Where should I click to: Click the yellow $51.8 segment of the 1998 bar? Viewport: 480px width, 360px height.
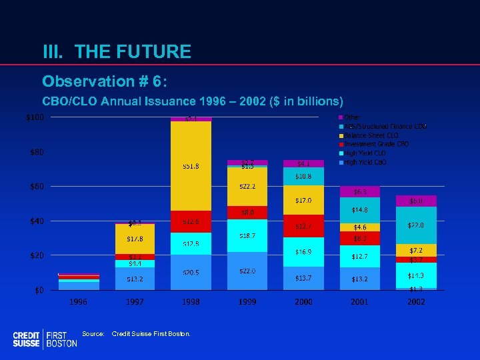tap(191, 166)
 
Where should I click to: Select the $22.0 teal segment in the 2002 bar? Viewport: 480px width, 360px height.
tap(416, 225)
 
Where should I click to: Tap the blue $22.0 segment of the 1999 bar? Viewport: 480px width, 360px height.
tap(247, 271)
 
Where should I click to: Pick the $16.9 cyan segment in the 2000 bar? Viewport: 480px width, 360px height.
tap(303, 252)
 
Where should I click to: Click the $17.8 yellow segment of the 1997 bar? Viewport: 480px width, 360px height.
tap(135, 239)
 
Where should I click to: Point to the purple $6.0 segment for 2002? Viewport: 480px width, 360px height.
tap(416, 201)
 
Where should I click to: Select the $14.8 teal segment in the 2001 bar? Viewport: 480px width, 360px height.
tap(360, 210)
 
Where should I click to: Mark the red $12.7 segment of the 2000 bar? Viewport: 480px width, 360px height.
tap(303, 226)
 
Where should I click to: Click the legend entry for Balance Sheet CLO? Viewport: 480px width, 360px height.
tap(370, 135)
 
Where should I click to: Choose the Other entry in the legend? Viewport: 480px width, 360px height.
tap(351, 117)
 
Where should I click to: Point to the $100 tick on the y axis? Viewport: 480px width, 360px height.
tap(35, 118)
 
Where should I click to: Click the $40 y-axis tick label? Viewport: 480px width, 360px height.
tap(36, 221)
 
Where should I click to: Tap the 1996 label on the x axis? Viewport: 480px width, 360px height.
tap(78, 302)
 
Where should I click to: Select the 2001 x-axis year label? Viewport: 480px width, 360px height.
tap(360, 302)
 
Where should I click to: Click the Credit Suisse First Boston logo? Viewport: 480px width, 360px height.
tap(45, 339)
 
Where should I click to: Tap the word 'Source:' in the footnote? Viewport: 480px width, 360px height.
tap(93, 333)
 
